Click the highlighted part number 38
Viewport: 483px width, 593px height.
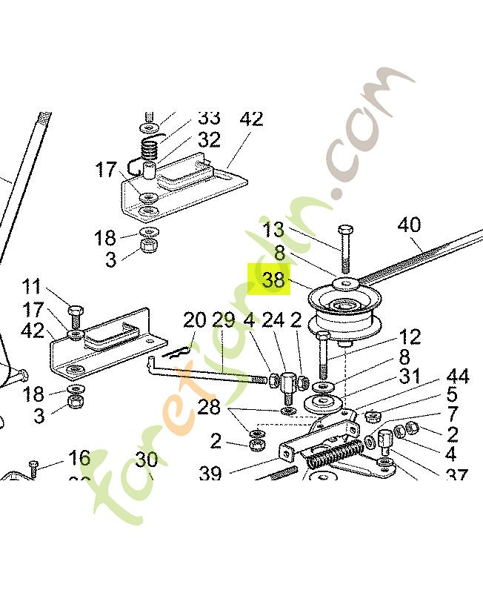click(x=273, y=280)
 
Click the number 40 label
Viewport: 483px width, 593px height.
click(x=409, y=225)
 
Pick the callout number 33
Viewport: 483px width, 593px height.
click(x=209, y=118)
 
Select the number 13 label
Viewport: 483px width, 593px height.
click(x=273, y=228)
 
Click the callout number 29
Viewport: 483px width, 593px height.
click(x=223, y=320)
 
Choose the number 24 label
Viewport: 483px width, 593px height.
click(x=273, y=320)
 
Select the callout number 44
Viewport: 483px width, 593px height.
click(x=457, y=377)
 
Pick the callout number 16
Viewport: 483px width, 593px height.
click(x=79, y=458)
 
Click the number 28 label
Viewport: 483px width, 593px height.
click(x=210, y=407)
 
